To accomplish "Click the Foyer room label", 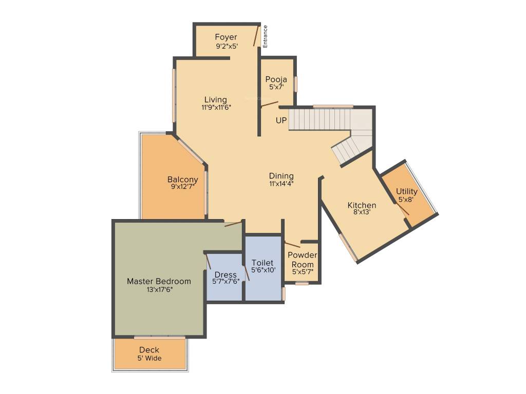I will point(226,37).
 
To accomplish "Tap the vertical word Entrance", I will point(266,36).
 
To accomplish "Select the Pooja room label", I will point(276,80).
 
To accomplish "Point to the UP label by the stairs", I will point(281,121).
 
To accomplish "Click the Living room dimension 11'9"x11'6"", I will point(215,108).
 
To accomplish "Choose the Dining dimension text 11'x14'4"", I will point(281,183).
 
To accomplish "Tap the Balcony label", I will point(182,180).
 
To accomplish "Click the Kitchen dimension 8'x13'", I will point(362,212).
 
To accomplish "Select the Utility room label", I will point(406,191).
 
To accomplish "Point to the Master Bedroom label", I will point(159,281).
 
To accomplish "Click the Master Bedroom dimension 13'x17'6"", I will point(159,289).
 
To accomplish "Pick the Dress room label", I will point(226,274).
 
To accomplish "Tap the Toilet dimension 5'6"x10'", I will point(262,270).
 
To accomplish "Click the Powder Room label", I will point(302,260).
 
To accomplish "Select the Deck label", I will point(149,350).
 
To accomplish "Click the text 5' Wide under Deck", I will point(149,358).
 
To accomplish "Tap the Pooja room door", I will point(269,105).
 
